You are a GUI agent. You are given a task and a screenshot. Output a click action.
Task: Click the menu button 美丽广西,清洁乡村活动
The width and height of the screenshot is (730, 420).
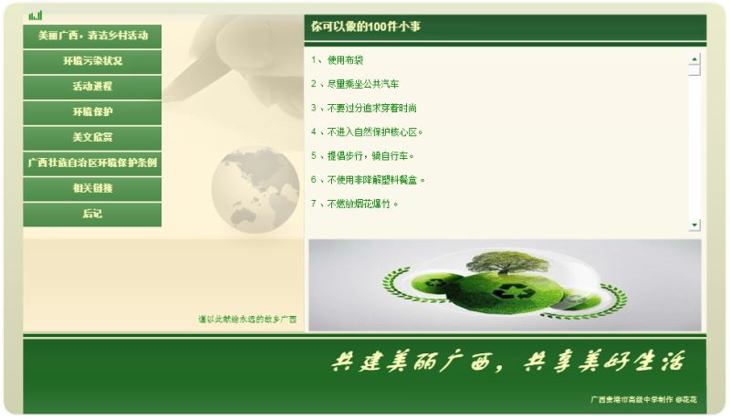click(92, 37)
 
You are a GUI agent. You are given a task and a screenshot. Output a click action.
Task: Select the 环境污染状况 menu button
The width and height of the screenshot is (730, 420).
click(92, 62)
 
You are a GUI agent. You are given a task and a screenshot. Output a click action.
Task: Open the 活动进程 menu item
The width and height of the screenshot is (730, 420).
click(92, 87)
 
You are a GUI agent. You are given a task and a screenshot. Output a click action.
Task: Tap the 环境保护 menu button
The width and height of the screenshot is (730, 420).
click(92, 112)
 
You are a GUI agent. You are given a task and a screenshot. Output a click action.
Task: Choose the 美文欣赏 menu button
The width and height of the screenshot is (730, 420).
click(92, 138)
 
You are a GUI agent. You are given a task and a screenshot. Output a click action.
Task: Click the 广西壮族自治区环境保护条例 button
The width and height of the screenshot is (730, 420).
click(92, 163)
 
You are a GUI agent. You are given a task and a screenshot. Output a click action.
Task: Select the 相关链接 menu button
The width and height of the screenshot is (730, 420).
click(92, 189)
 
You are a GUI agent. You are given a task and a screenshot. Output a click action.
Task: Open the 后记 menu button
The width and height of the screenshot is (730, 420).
click(92, 215)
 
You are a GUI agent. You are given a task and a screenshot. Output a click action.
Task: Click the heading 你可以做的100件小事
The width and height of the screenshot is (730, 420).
click(366, 26)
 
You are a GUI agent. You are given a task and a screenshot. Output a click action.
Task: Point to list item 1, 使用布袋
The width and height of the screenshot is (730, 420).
click(337, 60)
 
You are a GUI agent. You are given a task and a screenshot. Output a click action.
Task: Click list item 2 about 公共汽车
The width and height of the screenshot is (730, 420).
click(355, 84)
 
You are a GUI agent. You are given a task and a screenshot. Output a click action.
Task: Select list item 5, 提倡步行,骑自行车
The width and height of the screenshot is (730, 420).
click(362, 156)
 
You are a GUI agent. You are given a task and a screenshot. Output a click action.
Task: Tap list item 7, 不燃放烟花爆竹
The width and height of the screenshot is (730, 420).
click(354, 204)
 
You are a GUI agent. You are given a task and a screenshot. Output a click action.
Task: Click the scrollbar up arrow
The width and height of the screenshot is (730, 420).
click(694, 59)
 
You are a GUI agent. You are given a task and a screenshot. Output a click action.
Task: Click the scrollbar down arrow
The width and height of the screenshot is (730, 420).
click(694, 225)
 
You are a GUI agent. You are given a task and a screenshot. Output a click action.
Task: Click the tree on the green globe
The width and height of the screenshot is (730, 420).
click(507, 262)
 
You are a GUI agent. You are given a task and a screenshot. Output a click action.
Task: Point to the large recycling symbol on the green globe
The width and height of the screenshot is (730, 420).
click(514, 291)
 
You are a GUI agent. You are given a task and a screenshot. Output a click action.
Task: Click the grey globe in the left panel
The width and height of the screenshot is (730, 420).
click(255, 189)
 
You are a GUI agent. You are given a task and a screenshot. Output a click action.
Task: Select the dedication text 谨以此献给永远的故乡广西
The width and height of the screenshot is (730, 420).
click(247, 320)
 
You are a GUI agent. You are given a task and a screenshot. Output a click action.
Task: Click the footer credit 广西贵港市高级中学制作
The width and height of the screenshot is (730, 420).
click(631, 400)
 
